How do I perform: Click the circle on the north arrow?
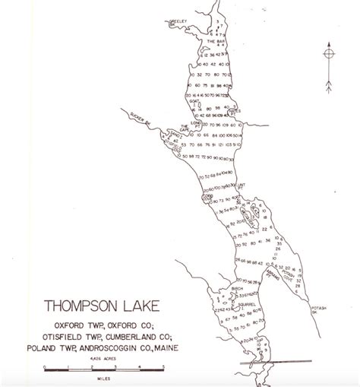327,55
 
